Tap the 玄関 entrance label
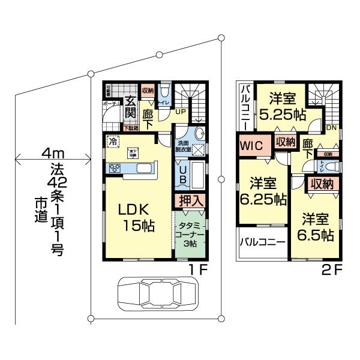[130, 109]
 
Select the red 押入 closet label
[190, 200]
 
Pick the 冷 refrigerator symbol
[112, 142]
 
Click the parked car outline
[157, 294]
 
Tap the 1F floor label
[199, 269]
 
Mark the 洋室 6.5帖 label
[317, 226]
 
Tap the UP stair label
[179, 111]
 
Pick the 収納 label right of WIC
[286, 142]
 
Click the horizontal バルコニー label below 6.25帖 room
[262, 242]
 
